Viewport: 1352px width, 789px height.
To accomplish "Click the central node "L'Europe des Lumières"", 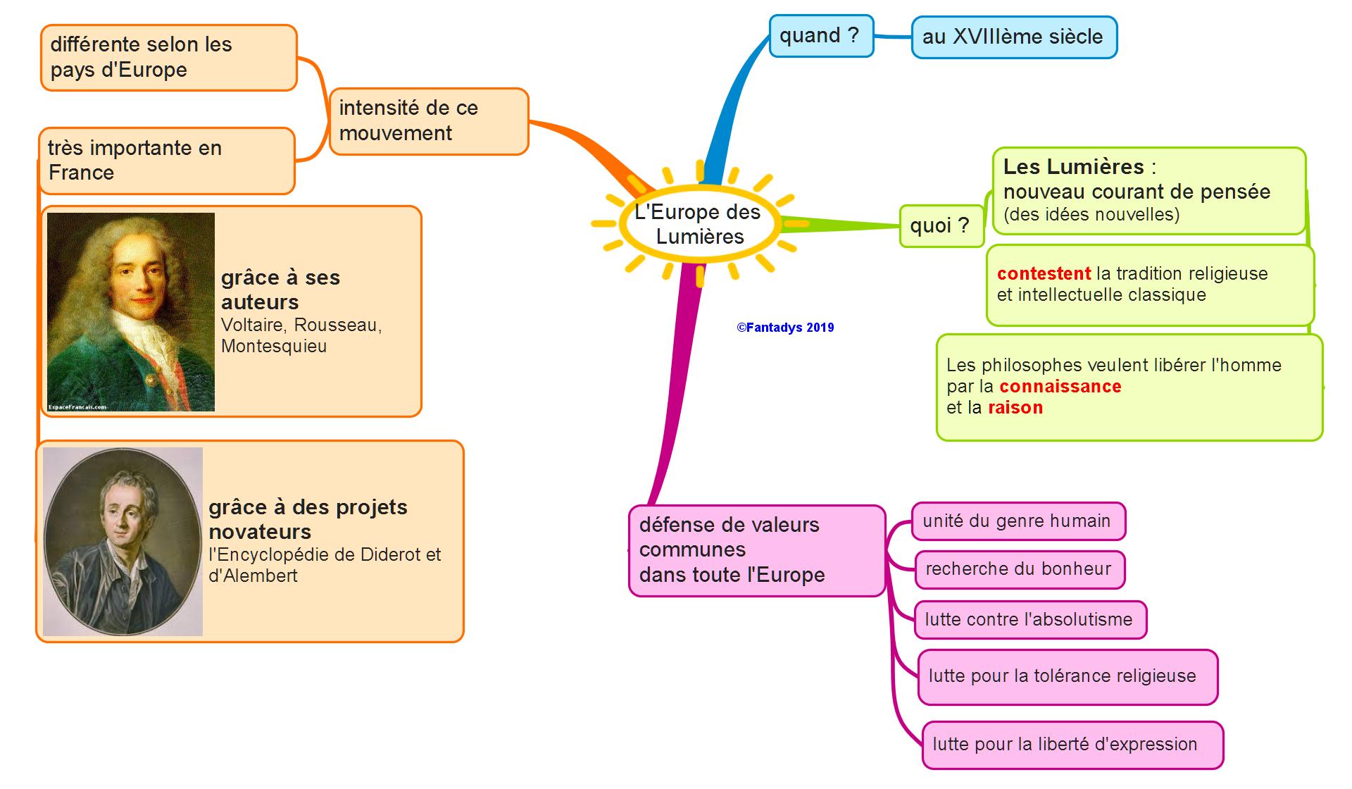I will [699, 224].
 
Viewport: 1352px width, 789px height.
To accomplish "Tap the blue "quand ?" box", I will [821, 36].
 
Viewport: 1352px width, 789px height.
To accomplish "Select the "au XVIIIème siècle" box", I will [1013, 37].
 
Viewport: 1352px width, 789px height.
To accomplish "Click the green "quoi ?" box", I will [941, 226].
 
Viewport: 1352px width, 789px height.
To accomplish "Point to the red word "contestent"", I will [1044, 274].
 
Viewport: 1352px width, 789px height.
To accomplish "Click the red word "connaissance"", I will [1060, 387].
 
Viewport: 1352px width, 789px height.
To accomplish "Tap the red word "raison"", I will [1015, 408].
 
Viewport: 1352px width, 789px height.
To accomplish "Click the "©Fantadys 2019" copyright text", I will [785, 328].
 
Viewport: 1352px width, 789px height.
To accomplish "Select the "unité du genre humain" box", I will [1018, 521].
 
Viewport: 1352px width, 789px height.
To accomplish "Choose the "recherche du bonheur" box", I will [1019, 569].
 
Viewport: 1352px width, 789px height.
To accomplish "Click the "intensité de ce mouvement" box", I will [428, 121].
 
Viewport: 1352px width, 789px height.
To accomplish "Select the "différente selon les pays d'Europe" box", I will [168, 58].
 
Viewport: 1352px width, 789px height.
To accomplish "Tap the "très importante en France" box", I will [166, 161].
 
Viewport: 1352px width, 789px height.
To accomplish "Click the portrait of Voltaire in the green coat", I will [131, 311].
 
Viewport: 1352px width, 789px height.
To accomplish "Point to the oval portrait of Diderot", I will [123, 541].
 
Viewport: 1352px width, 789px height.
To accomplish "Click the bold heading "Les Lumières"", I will [1073, 167].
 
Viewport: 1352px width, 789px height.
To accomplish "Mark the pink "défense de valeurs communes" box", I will [756, 550].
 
